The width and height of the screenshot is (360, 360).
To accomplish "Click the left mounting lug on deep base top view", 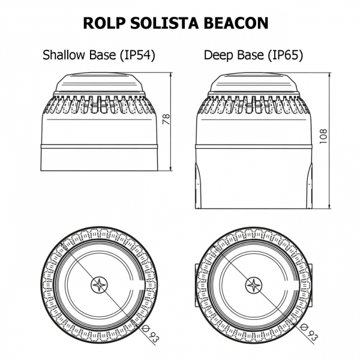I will (x=196, y=284).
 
